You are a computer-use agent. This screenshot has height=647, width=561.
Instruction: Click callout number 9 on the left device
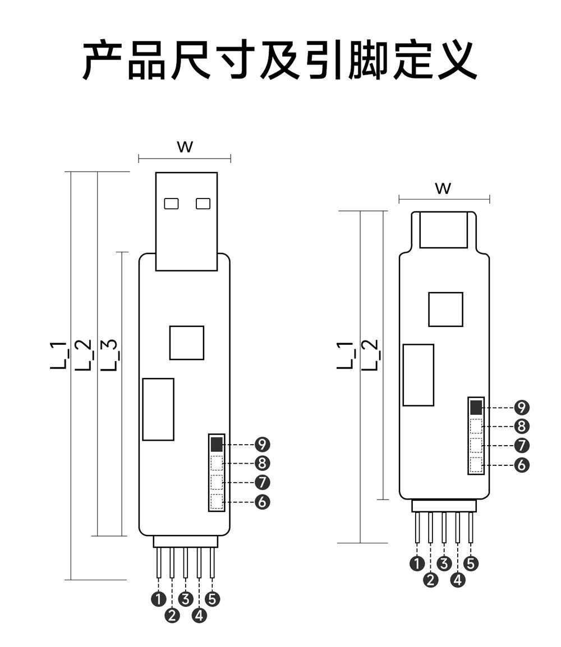click(262, 445)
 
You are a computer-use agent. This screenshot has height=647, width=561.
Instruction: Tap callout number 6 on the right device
click(522, 465)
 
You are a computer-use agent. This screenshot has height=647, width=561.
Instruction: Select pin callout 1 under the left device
click(159, 599)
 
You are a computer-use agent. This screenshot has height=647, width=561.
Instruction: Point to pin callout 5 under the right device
click(471, 563)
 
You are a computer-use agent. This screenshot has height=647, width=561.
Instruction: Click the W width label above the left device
click(185, 147)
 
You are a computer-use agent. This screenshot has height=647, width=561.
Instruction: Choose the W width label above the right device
click(443, 188)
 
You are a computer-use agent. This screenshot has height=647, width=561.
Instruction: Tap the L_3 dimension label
click(110, 355)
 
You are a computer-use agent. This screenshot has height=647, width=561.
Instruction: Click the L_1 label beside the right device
click(346, 355)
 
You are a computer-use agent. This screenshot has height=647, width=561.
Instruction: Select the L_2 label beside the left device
click(84, 355)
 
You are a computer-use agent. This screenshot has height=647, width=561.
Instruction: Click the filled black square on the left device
click(217, 445)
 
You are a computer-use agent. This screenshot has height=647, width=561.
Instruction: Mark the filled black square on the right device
click(476, 407)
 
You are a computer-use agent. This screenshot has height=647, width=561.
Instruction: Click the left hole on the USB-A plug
click(171, 204)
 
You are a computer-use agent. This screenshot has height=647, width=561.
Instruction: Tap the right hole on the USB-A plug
click(203, 204)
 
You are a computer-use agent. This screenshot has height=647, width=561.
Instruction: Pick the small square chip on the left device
click(187, 343)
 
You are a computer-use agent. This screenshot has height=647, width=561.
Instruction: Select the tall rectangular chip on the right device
click(419, 375)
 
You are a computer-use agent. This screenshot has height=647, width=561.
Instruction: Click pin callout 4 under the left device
click(199, 616)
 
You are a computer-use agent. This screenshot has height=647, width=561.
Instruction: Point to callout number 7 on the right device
click(522, 446)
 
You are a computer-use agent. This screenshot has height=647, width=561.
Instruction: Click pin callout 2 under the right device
click(431, 580)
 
